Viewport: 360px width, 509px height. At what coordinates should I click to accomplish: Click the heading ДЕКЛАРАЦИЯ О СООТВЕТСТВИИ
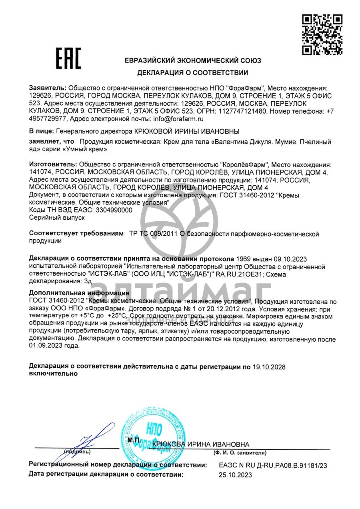192,73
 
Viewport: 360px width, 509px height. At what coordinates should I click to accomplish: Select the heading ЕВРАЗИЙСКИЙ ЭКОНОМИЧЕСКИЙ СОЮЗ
193,61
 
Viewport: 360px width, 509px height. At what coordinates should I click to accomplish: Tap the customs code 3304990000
113,210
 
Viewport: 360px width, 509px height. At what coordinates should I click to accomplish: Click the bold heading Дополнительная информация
79,293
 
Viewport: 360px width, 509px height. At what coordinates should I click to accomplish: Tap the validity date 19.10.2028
269,367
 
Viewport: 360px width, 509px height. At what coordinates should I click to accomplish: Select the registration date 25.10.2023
236,475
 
